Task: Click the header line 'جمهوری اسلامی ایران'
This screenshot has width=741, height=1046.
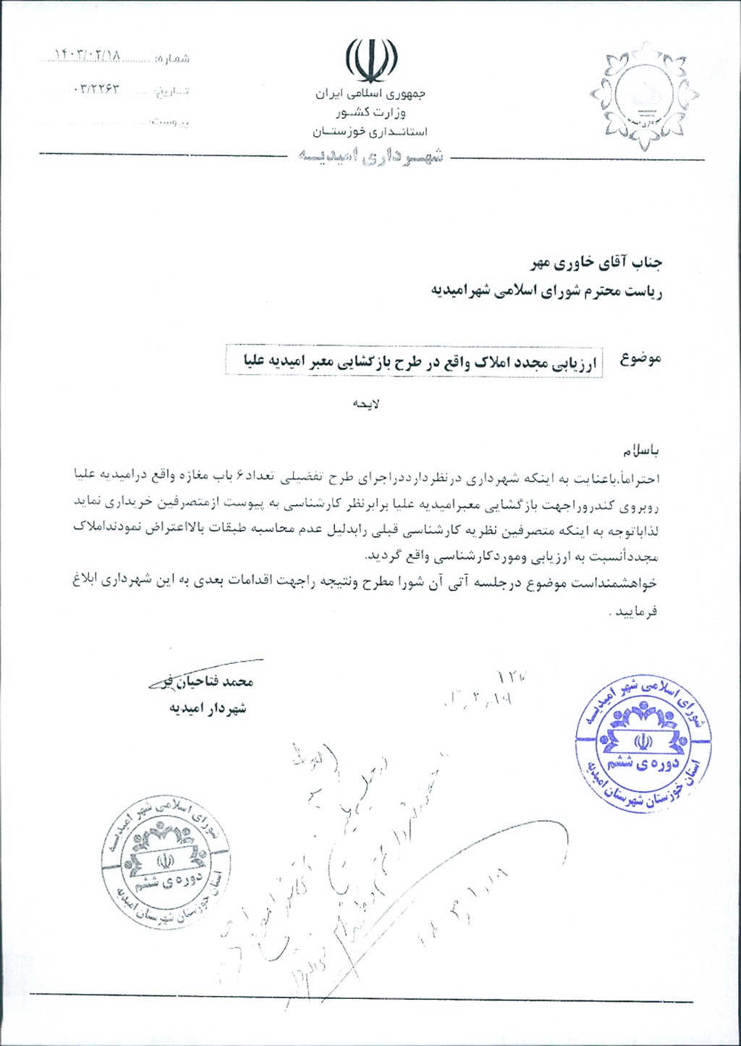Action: click(370, 94)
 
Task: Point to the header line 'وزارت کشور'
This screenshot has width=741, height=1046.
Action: click(370, 113)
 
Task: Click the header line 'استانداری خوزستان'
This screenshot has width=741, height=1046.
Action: click(370, 132)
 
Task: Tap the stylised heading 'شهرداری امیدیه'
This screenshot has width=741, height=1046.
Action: click(370, 156)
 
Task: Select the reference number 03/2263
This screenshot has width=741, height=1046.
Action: click(96, 89)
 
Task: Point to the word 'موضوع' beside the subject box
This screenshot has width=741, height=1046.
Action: click(640, 359)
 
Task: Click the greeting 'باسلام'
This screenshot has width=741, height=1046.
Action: click(638, 451)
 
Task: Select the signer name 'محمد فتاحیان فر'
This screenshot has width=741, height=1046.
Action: click(206, 682)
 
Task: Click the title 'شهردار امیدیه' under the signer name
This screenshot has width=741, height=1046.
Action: click(208, 708)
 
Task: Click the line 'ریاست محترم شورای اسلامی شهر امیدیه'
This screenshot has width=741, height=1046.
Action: click(547, 290)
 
